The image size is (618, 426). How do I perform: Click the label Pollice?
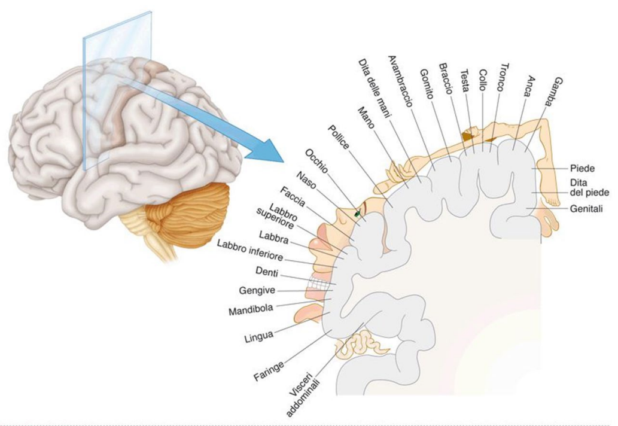pyautogui.click(x=340, y=138)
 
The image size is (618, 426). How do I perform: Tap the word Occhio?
pyautogui.click(x=316, y=162)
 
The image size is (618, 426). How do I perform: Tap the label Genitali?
pyautogui.click(x=587, y=209)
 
